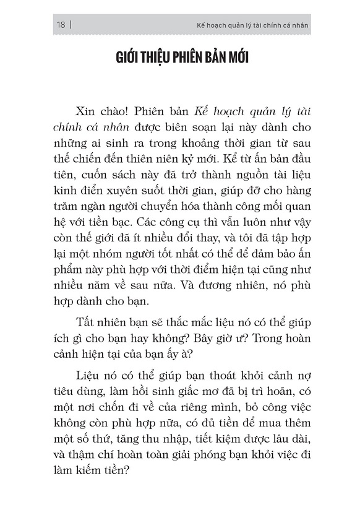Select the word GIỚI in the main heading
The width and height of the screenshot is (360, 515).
coord(131,59)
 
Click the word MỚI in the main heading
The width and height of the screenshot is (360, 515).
coord(233,59)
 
